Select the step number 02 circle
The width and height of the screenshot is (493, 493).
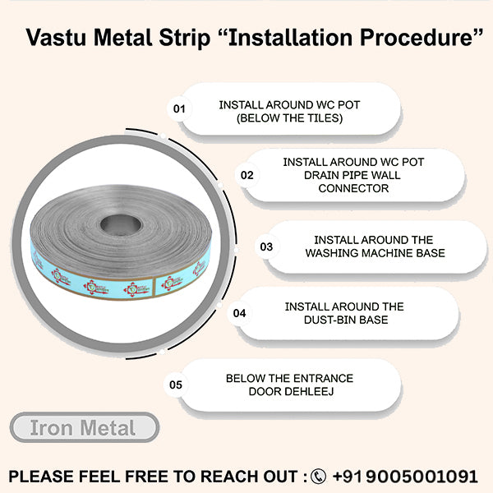246,175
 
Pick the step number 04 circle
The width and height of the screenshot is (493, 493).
240,313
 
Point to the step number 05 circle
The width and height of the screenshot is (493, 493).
176,384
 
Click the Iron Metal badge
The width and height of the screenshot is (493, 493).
83,427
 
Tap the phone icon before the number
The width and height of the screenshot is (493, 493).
319,477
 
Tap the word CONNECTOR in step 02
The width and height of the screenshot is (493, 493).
353,189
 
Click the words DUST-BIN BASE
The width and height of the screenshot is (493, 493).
344,320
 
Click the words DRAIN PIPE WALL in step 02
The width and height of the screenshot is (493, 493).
353,176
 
